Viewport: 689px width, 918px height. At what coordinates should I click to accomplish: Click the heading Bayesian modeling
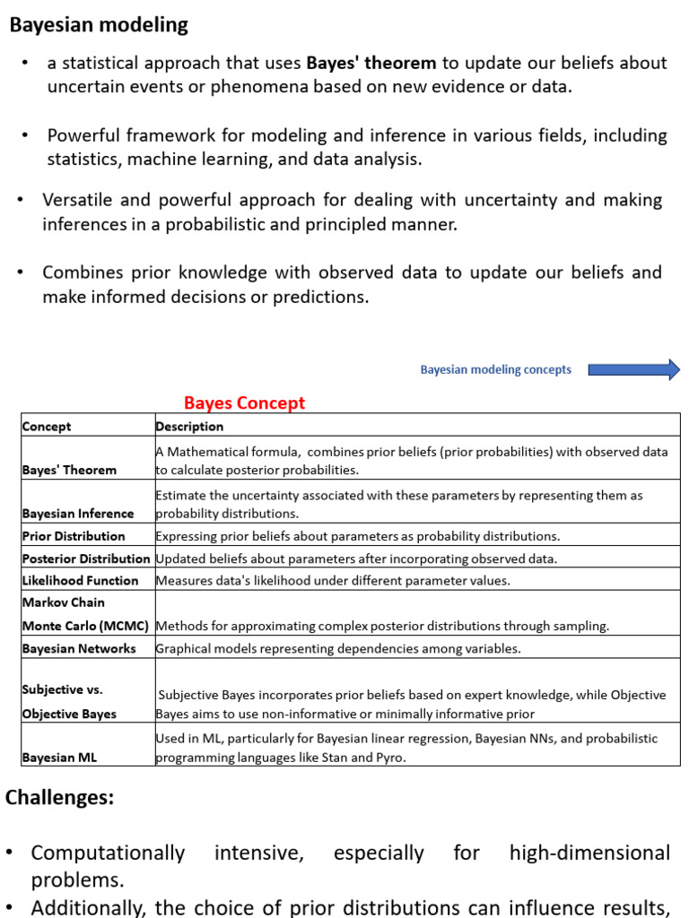[x=99, y=25]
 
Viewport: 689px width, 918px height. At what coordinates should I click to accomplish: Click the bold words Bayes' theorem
[x=371, y=63]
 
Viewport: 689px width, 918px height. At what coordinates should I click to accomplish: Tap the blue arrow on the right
[x=634, y=369]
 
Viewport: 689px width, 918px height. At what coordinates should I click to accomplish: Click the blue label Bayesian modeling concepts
[x=495, y=369]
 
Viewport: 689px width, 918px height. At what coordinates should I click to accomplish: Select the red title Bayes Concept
[x=244, y=403]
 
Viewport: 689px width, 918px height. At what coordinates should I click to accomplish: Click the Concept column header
[x=47, y=427]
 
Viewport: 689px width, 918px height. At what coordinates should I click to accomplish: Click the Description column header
[x=189, y=427]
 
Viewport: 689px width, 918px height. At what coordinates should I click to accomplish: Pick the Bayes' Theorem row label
[x=69, y=470]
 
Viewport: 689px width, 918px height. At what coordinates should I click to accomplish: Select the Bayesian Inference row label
[x=78, y=514]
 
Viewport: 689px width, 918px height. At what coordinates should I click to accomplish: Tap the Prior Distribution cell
[x=74, y=536]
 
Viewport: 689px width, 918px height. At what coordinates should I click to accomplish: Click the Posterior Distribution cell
[x=86, y=559]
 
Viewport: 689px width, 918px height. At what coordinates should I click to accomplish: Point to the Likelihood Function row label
[x=80, y=581]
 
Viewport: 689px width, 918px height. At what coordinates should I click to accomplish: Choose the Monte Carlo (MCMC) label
[x=85, y=626]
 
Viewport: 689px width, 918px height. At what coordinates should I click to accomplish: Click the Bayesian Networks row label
[x=79, y=648]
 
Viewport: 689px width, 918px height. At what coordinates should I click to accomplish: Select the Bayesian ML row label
[x=59, y=758]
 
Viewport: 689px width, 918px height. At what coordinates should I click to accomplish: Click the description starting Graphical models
[x=338, y=648]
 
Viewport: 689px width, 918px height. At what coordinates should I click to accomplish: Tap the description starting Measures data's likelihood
[x=333, y=581]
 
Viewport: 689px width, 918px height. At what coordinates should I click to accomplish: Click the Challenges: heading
[x=60, y=798]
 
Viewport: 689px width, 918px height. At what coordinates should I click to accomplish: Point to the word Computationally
[x=108, y=853]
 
